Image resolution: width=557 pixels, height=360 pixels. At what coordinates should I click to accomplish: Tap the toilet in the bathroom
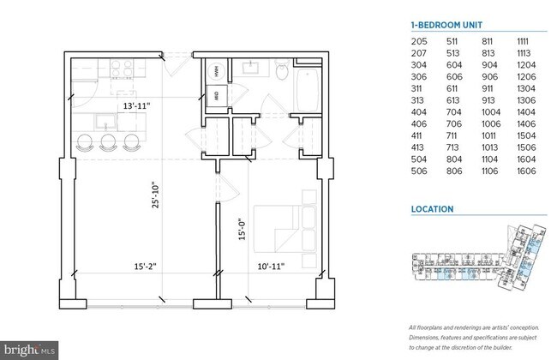280,73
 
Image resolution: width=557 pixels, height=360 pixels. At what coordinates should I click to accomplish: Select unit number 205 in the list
420,40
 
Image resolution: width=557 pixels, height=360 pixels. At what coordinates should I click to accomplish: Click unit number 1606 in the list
528,171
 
